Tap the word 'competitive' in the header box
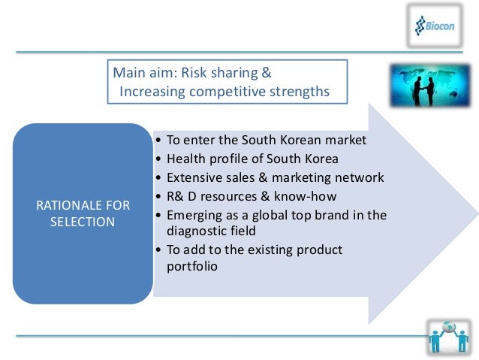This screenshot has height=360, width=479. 239,92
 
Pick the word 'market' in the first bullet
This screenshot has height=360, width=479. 346,140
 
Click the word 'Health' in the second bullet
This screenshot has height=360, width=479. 185,159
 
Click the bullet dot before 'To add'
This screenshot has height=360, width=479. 156,250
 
